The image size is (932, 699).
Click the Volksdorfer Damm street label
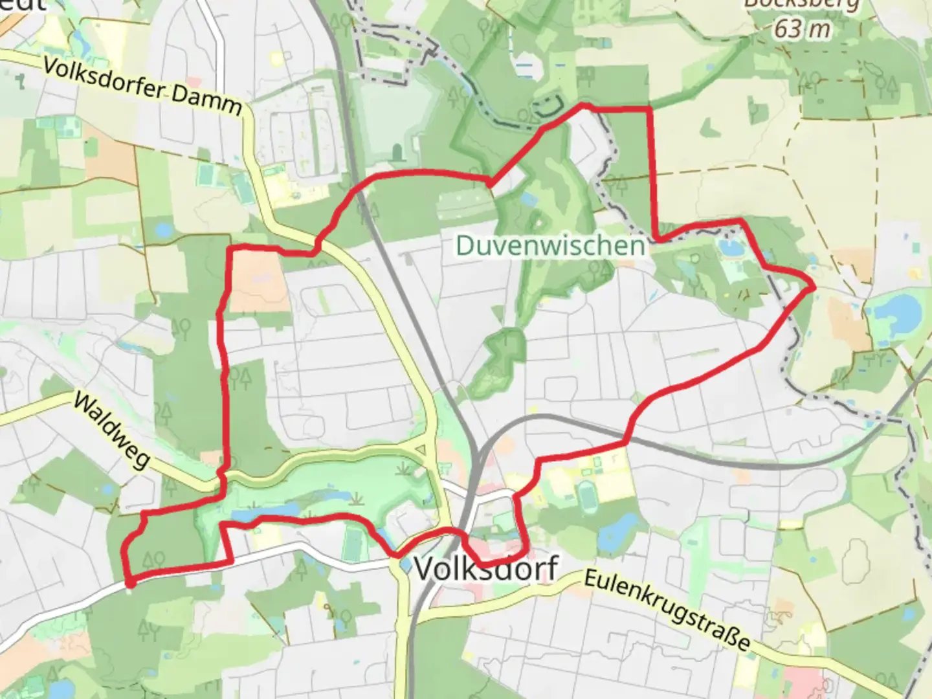click(x=143, y=87)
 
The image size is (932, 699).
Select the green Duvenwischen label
click(x=550, y=246)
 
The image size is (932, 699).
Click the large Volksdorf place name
click(x=485, y=569)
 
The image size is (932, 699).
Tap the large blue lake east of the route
click(x=896, y=311)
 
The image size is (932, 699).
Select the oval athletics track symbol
click(x=588, y=496)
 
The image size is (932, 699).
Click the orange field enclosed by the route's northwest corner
click(x=258, y=281)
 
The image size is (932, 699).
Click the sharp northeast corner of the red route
click(x=650, y=110)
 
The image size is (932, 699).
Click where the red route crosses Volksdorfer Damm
click(x=317, y=246)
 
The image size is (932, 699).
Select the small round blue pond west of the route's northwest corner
click(x=162, y=229)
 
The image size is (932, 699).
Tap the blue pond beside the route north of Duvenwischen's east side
click(x=731, y=247)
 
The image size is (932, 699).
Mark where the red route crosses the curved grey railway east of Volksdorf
click(x=626, y=443)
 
